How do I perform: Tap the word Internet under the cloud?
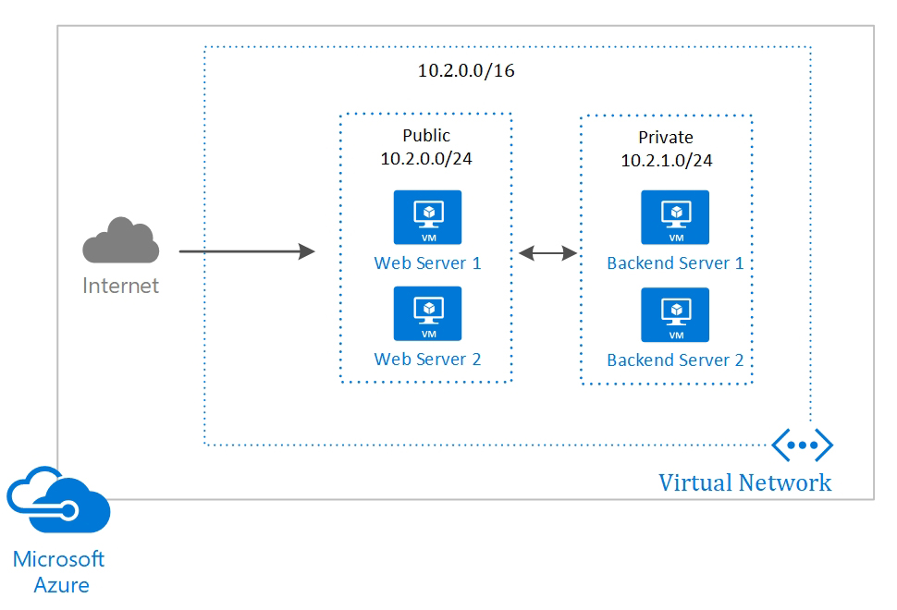point(121,286)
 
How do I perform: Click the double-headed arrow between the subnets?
point(547,251)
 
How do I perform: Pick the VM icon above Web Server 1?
point(428,217)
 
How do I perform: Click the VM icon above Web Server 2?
point(428,313)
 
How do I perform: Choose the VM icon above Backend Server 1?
point(675,217)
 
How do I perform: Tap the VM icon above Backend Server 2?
point(675,314)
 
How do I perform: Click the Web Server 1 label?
point(427,263)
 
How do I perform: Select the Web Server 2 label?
point(427,359)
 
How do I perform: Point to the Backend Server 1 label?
point(675,263)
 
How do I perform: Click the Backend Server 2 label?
point(675,360)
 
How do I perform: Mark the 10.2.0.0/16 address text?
point(466,70)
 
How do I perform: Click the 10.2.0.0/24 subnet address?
point(426,158)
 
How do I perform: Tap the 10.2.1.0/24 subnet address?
point(666,160)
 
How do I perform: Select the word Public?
point(426,136)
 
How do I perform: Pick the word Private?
point(666,138)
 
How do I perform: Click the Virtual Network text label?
point(744,482)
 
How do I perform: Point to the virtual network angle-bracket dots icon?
point(802,445)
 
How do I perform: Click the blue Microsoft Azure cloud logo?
point(58,503)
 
